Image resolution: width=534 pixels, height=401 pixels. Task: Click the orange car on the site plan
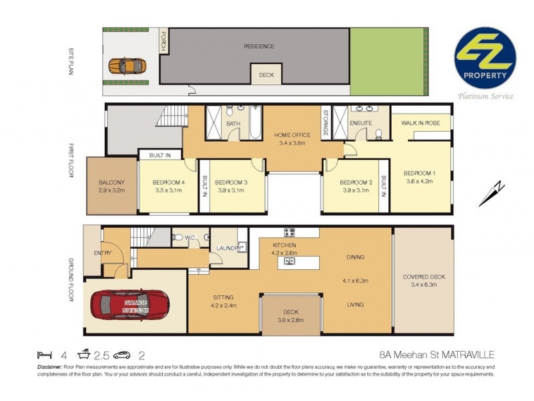[x=127, y=65]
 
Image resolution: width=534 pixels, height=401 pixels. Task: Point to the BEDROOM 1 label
[x=419, y=174]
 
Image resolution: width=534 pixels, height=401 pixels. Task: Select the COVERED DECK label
[x=423, y=277]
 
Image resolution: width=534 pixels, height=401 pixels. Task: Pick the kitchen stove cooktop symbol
[x=290, y=233]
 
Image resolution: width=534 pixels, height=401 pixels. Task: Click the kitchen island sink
[x=290, y=261]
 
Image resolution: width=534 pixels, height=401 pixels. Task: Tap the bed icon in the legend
[x=44, y=356]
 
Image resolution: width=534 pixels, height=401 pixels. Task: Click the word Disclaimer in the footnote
[x=52, y=367]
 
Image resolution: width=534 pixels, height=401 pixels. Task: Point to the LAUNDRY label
[x=228, y=248]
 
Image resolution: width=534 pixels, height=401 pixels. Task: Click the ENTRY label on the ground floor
[x=103, y=253]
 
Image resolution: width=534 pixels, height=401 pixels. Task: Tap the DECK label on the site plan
[x=266, y=75]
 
